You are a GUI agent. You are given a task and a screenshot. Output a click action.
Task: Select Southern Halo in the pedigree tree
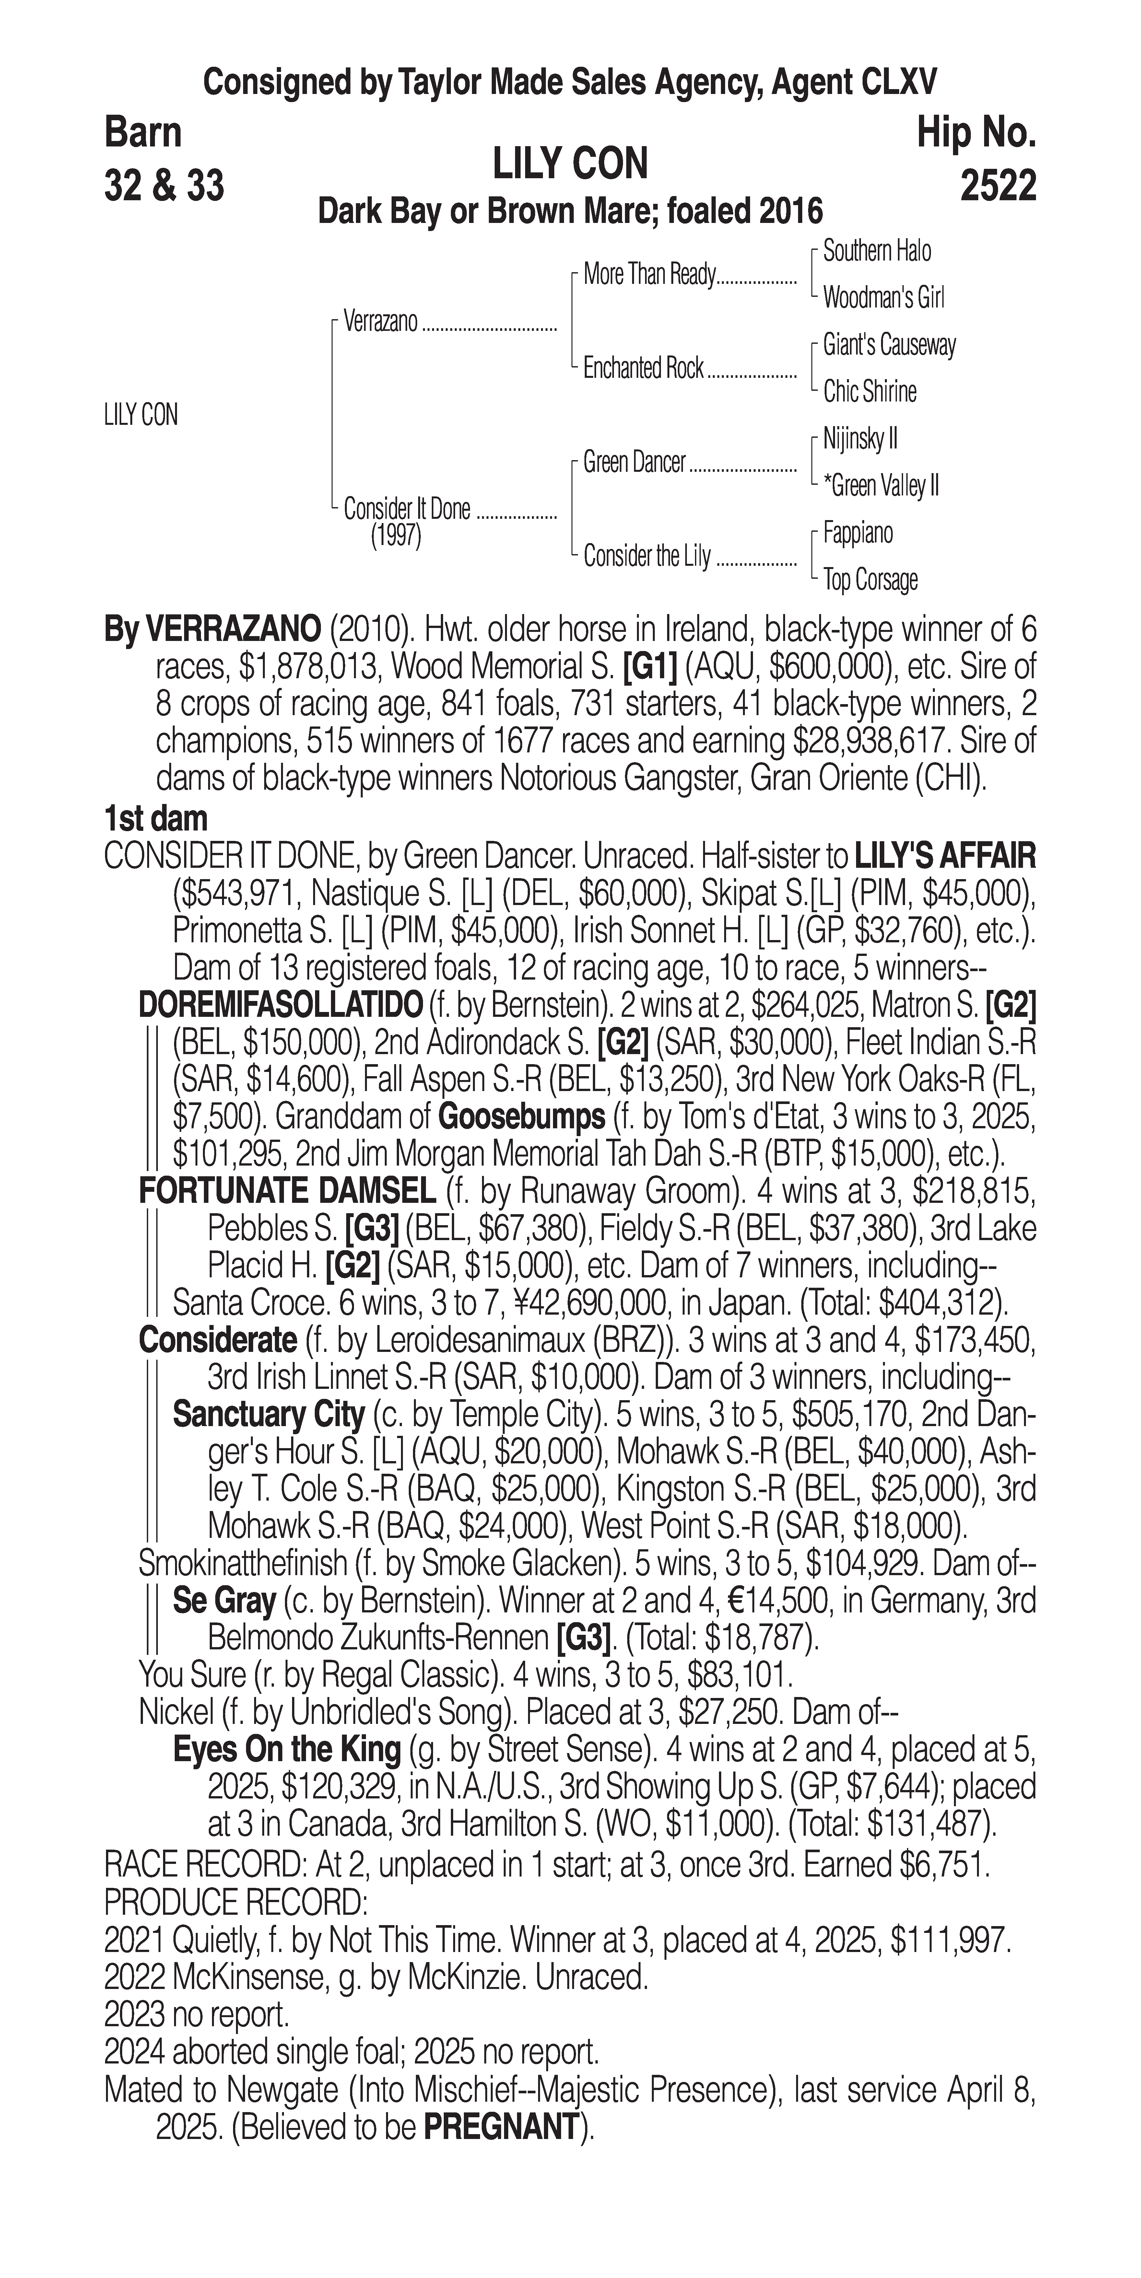pos(876,251)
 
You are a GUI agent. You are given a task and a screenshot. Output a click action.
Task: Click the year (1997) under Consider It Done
pos(395,537)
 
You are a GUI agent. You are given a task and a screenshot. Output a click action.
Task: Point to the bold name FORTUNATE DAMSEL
pos(288,1191)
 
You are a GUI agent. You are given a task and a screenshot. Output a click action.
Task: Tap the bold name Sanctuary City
pos(268,1415)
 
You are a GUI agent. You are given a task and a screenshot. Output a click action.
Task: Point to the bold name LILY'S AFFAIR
pos(945,856)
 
